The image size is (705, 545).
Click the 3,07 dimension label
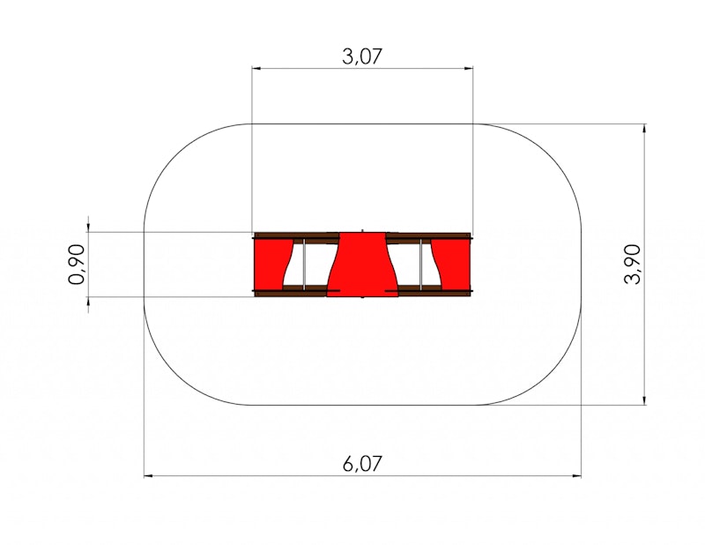362,56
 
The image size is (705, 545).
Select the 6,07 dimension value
362,464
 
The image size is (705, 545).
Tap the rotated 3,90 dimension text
632,264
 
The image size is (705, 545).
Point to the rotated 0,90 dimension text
77,265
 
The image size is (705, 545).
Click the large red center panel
362,265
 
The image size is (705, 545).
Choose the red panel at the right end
450,265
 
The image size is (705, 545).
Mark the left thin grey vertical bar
304,265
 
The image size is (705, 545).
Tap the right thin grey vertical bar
421,265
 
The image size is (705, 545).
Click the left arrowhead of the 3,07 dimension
256,69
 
